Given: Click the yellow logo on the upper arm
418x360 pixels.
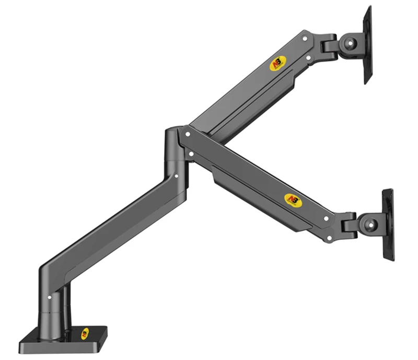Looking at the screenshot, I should coord(277,63).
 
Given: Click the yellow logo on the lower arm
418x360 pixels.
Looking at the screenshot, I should coord(292,200).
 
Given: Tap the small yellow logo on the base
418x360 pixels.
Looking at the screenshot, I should coord(85,333).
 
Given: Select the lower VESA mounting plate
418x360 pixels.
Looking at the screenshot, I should coord(388,225).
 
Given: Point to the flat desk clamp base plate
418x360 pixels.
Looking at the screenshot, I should coord(63,339).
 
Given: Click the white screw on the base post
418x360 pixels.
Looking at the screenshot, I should coord(50,297).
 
